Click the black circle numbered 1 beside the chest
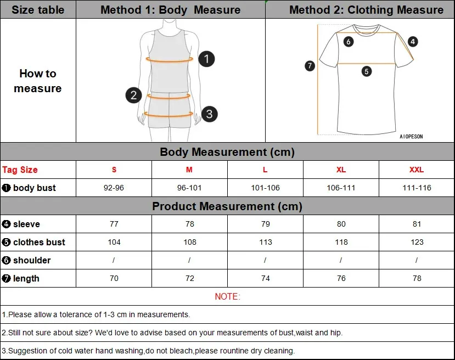[x=206, y=59]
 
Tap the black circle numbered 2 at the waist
[x=133, y=95]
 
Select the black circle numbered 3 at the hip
[x=209, y=114]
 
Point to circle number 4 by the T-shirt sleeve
[x=413, y=42]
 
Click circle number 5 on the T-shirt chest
[x=367, y=71]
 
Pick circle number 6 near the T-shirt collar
[x=349, y=42]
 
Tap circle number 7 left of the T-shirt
[x=310, y=66]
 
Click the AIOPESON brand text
[x=411, y=137]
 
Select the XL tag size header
[x=341, y=170]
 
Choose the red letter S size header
[x=114, y=170]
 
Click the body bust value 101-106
[x=265, y=188]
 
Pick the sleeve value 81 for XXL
[x=417, y=224]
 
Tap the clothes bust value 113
[x=266, y=242]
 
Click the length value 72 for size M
[x=190, y=278]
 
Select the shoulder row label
[x=32, y=260]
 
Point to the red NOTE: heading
[x=227, y=296]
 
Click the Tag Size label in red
[x=20, y=170]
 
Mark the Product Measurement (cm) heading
[x=227, y=206]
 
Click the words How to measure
[x=38, y=81]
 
